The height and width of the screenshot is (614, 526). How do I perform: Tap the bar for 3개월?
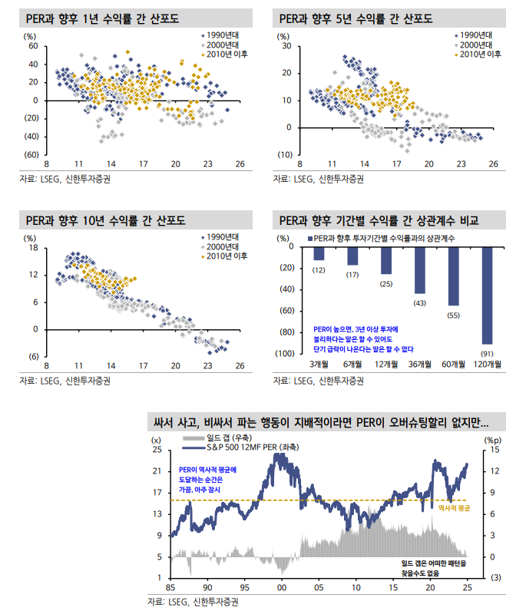(319, 253)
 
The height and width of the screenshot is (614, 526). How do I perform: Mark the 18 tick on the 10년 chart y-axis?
(33, 248)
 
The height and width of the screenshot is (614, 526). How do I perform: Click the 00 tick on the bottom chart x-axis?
(282, 587)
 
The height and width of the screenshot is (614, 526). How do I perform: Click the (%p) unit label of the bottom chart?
(493, 439)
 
